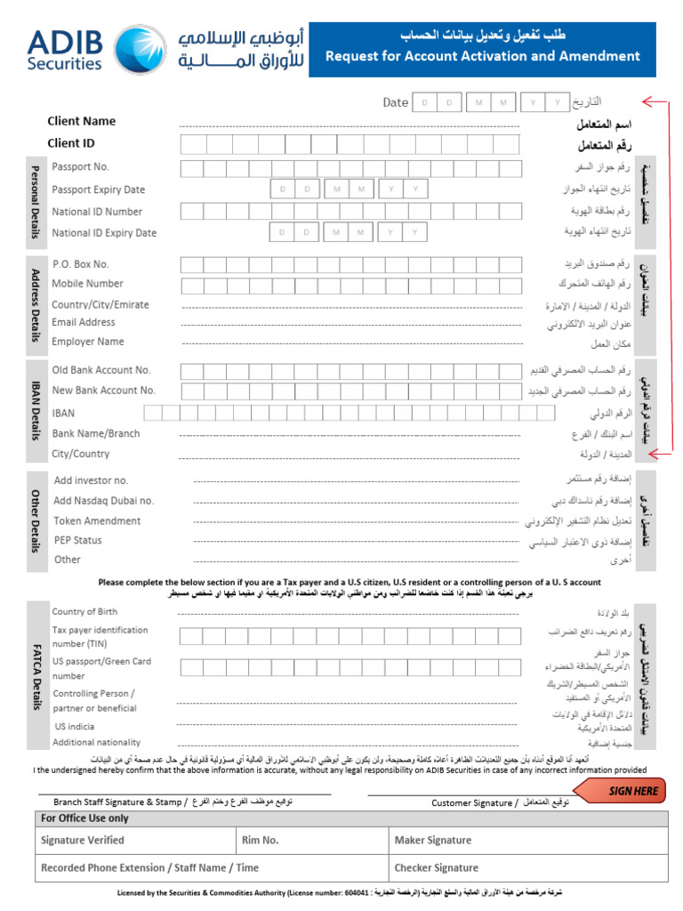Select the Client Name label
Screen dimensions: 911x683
82,121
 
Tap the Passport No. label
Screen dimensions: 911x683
81,166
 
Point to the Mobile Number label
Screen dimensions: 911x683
87,284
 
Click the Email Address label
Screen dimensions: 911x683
84,322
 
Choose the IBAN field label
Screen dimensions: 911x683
63,413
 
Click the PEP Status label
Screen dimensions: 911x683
77,540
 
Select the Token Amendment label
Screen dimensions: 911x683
97,520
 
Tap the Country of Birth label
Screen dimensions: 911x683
84,611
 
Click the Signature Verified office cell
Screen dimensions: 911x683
83,840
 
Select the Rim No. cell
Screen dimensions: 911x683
260,840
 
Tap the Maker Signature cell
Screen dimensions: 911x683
432,840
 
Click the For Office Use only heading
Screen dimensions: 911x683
84,818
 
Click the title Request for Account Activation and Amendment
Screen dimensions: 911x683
482,56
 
